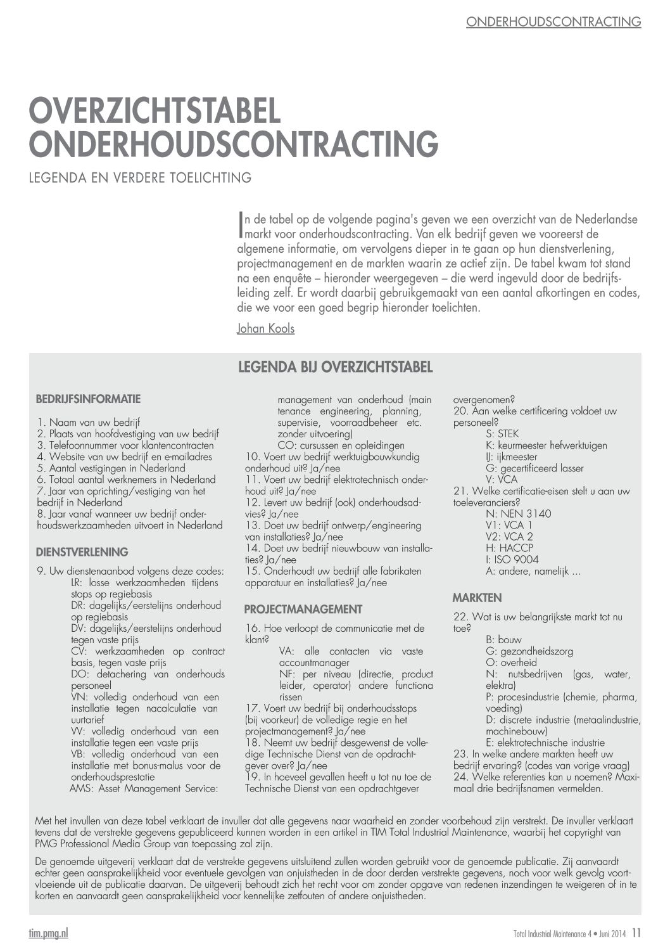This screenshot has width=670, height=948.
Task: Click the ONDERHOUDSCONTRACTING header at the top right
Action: [553, 22]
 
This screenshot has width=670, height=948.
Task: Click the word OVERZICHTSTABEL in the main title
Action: [155, 110]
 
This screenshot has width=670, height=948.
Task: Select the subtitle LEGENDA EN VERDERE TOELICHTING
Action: [140, 177]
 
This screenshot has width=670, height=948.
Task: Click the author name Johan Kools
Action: [265, 328]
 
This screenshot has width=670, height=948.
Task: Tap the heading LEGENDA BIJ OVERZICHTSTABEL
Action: [335, 367]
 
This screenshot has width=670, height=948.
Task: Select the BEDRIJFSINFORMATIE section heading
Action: [88, 399]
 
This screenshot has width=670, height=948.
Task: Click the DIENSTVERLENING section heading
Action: [82, 552]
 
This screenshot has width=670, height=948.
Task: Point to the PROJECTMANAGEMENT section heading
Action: [303, 610]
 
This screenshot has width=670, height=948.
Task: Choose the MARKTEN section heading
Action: [477, 598]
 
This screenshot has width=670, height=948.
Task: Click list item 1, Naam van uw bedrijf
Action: [89, 422]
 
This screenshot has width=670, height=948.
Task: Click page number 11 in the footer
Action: [636, 932]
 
